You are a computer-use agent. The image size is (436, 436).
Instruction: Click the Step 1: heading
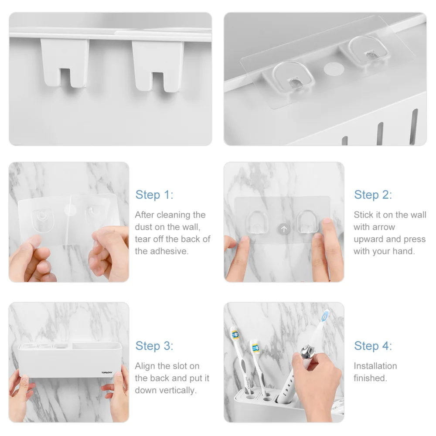(154, 194)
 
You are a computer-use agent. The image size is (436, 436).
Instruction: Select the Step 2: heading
(373, 194)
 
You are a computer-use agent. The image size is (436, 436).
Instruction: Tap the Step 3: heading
(154, 346)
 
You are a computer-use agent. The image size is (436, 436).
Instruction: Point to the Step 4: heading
(373, 346)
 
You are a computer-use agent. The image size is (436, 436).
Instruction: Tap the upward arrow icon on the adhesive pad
(284, 228)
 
